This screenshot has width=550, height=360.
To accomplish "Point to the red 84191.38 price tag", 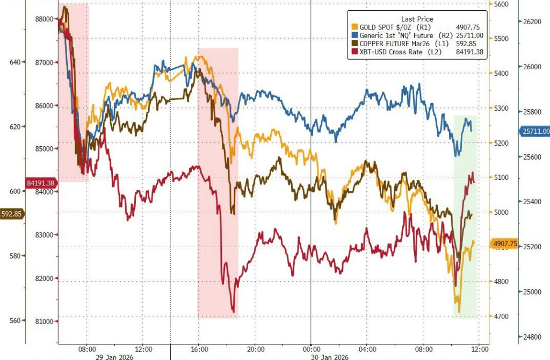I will click(x=41, y=183).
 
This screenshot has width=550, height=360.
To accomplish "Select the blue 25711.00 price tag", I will click(x=535, y=131).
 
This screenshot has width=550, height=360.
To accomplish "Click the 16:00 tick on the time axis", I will click(x=199, y=348).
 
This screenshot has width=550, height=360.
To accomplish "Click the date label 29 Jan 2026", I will click(x=115, y=356).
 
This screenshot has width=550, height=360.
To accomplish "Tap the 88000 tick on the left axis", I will click(x=44, y=19).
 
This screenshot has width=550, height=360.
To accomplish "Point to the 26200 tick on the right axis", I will click(x=534, y=21).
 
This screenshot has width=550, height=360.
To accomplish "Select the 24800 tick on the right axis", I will click(x=534, y=337).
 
